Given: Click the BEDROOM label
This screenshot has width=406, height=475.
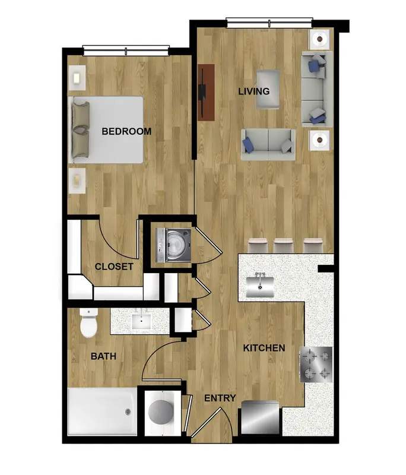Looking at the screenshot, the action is (126, 131).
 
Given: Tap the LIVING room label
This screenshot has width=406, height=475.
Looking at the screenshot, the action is (253, 91).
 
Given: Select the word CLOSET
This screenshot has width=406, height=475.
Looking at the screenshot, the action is (114, 267).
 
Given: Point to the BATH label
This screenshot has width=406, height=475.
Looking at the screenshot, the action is (103, 356).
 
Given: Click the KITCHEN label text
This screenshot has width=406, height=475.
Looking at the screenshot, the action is (264, 348).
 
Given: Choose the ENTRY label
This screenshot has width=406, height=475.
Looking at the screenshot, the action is (220, 398).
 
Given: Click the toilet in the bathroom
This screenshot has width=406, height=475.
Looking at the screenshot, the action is (88, 323).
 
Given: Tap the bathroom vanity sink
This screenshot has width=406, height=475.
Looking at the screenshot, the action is (141, 321).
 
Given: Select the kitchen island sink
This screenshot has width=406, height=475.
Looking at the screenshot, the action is (260, 285).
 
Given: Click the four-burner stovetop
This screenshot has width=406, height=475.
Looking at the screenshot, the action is (316, 365).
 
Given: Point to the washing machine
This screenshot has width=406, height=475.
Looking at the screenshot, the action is (173, 245).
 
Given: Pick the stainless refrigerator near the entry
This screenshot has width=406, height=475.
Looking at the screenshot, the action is (261, 417).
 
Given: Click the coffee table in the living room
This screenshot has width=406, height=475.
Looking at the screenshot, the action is (268, 90).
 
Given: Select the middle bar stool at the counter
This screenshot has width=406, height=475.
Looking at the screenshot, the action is (283, 245).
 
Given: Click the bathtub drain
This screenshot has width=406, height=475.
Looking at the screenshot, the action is (128, 411).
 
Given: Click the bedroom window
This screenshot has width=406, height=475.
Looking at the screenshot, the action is (126, 50).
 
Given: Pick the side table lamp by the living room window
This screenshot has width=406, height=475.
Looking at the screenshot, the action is (319, 39).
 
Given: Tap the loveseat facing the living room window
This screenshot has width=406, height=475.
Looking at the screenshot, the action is (268, 144).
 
